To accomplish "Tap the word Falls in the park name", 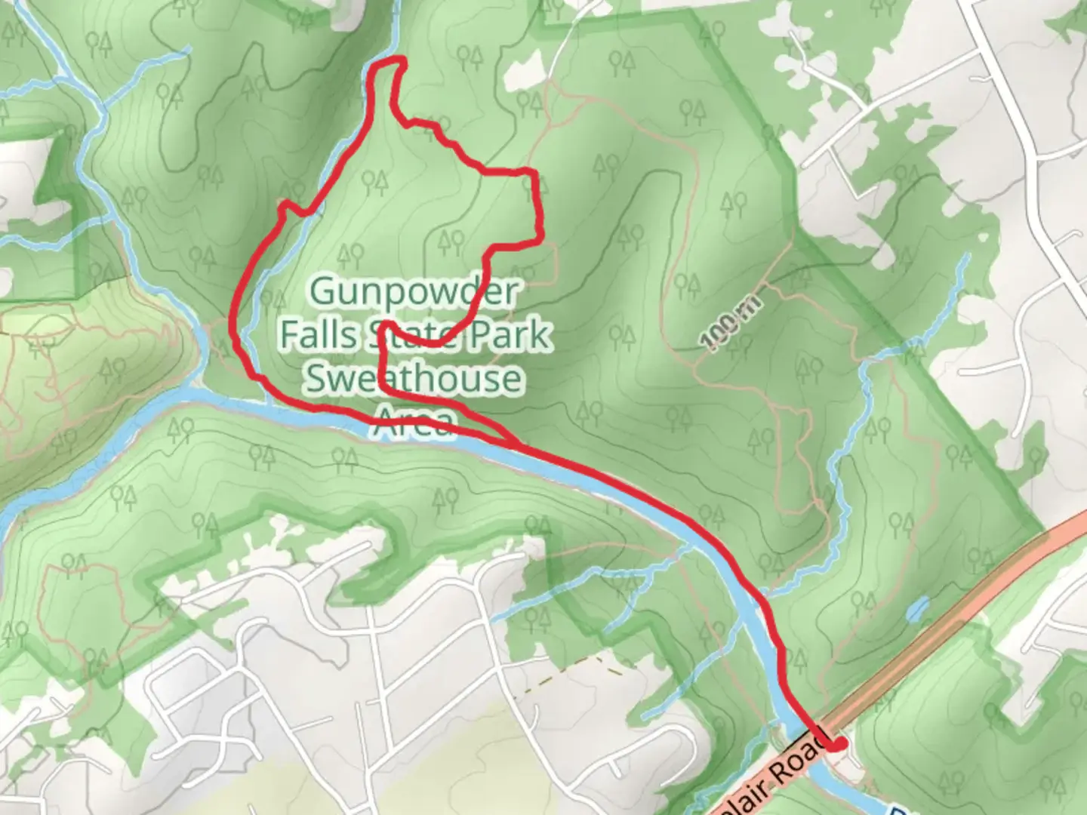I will click(x=318, y=334).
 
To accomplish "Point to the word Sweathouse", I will click(x=413, y=378).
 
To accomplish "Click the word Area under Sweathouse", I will click(x=414, y=421).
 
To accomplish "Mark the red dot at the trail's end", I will click(x=837, y=745).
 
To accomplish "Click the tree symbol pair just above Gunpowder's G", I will click(x=351, y=254).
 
